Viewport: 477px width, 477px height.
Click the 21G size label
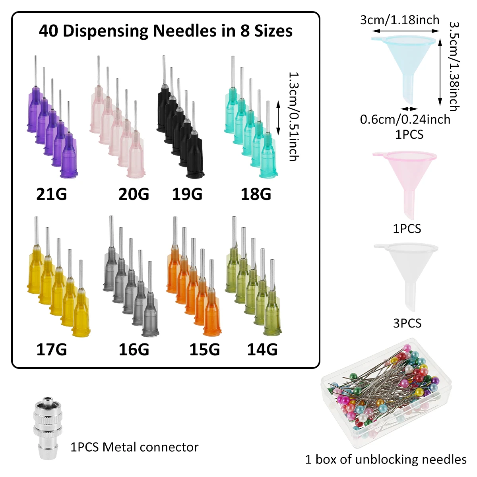pyautogui.click(x=52, y=194)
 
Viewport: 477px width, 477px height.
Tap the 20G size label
pyautogui.click(x=134, y=194)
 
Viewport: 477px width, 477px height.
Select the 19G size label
pyautogui.click(x=187, y=194)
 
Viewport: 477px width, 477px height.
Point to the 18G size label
pyautogui.click(x=256, y=194)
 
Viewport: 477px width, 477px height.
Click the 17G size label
pyautogui.click(x=52, y=350)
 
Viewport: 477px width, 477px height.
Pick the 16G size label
pyautogui.click(x=134, y=350)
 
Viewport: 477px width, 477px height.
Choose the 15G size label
pyautogui.click(x=205, y=350)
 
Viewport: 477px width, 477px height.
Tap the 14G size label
pyautogui.click(x=262, y=350)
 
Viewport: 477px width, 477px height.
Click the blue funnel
pyautogui.click(x=405, y=64)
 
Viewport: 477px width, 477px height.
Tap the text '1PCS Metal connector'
pyautogui.click(x=134, y=447)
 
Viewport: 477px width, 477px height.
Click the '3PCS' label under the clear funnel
pyautogui.click(x=407, y=323)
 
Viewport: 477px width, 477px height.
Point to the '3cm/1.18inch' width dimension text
pyautogui.click(x=400, y=20)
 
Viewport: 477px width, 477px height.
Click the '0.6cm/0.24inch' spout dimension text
pyautogui.click(x=405, y=119)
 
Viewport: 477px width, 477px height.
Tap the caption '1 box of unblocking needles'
pyautogui.click(x=386, y=460)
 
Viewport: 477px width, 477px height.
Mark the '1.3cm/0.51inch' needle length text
pyautogui.click(x=294, y=116)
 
